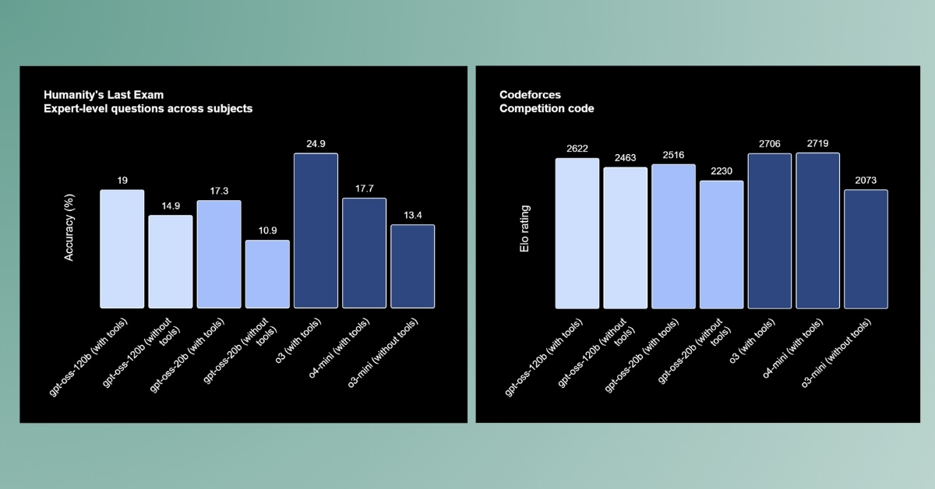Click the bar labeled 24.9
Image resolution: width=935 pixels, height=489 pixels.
click(316, 230)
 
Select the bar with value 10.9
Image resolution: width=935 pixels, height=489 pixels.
click(267, 274)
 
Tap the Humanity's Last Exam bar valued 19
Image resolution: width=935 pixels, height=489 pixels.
click(122, 249)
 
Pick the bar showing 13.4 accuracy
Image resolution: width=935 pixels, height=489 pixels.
click(412, 266)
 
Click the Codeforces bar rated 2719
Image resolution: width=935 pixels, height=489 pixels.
click(817, 230)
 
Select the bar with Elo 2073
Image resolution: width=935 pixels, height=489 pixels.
click(866, 249)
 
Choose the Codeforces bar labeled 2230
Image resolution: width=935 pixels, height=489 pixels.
click(722, 244)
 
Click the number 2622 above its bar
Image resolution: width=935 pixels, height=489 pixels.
click(577, 148)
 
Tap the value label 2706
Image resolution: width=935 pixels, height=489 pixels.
click(769, 143)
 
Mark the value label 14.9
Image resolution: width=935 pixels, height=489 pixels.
click(171, 205)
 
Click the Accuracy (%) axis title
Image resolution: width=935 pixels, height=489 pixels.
click(69, 229)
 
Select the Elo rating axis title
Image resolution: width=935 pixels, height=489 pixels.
click(526, 229)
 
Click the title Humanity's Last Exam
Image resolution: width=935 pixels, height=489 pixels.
click(104, 95)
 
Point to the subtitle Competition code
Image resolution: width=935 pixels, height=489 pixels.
click(546, 109)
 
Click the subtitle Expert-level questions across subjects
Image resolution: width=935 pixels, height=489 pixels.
click(148, 109)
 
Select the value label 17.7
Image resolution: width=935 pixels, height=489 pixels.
click(364, 188)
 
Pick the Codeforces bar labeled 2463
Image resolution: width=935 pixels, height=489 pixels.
click(625, 237)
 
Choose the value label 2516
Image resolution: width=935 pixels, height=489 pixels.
click(673, 154)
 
